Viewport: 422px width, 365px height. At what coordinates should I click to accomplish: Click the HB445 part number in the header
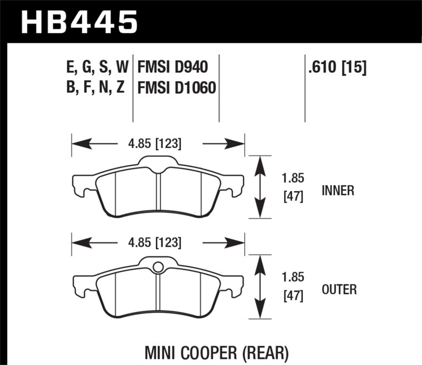point(79,22)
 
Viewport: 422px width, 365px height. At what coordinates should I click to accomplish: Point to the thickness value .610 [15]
point(335,68)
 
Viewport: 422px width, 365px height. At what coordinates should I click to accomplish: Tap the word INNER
point(337,190)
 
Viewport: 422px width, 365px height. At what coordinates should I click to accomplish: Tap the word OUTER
point(338,289)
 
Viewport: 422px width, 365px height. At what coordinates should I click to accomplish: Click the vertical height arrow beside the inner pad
point(259,187)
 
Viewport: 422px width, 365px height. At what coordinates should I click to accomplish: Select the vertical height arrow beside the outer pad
point(259,287)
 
